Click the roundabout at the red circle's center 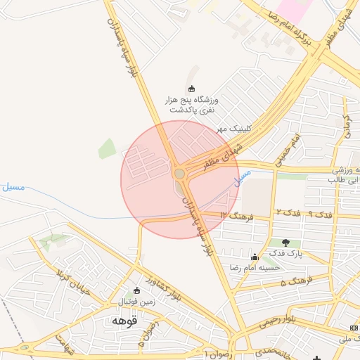(180, 173)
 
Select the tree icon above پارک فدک (285, 243)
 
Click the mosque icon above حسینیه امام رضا (254, 257)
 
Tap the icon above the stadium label (192, 89)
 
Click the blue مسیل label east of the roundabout (242, 176)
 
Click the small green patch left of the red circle (107, 148)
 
